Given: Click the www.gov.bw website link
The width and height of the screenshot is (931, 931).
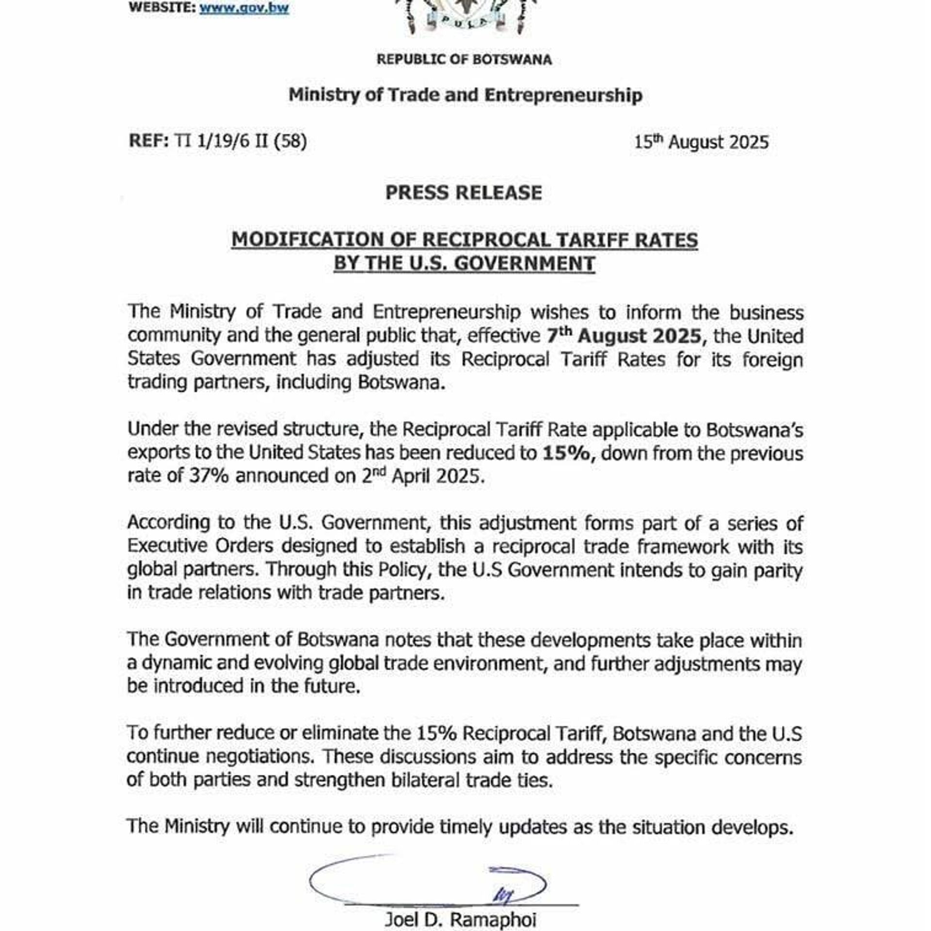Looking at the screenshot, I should (244, 8).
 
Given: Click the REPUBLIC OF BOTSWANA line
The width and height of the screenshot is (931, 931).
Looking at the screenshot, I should (464, 60).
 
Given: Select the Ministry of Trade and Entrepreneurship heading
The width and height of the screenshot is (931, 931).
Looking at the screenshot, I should (465, 95).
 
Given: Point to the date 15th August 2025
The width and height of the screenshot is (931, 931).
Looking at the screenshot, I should (701, 142).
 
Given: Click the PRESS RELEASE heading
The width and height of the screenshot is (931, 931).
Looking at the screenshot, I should (464, 193).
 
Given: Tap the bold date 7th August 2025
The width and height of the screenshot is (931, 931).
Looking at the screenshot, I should (624, 336).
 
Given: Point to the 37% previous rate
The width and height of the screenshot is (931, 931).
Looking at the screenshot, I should (209, 476).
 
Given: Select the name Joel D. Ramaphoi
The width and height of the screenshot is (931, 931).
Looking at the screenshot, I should (460, 919).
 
